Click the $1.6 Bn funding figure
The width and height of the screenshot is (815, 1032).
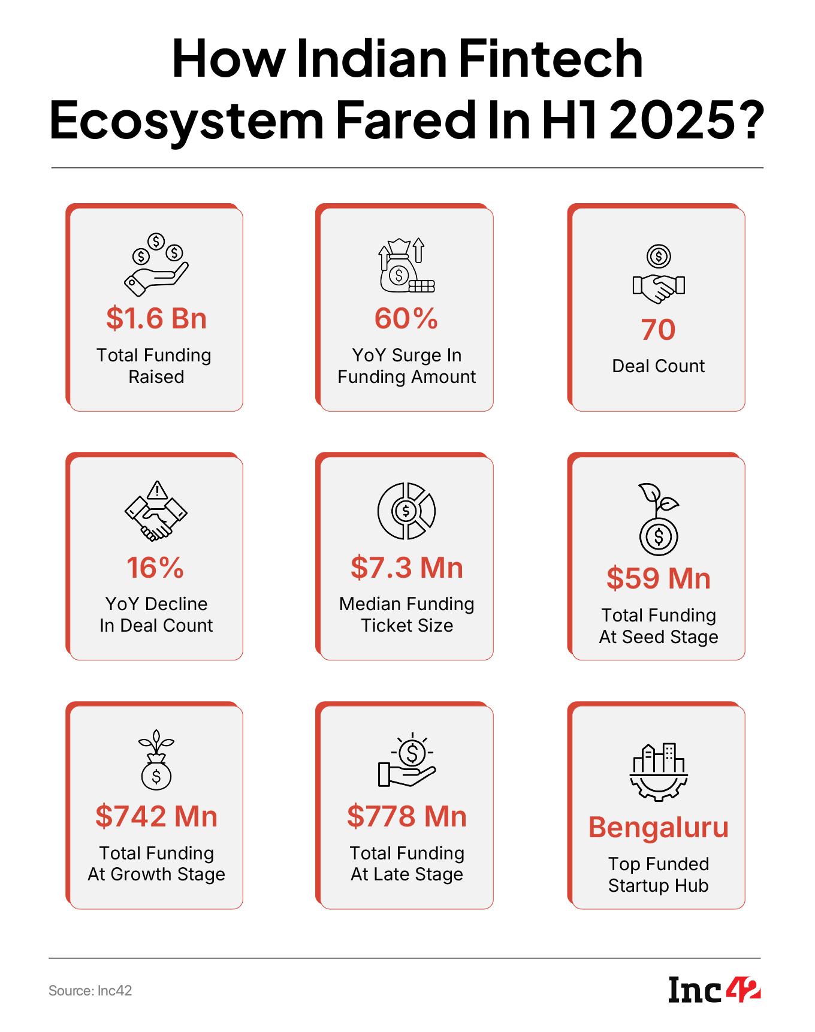[156, 318]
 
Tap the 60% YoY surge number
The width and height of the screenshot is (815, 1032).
[406, 318]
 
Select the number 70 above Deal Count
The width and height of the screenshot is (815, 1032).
[658, 330]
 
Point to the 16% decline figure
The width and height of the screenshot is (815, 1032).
[155, 568]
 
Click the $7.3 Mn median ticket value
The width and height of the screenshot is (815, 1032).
[407, 568]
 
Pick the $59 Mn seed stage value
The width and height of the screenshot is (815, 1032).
[658, 578]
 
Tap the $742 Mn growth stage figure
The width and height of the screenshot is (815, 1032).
[156, 816]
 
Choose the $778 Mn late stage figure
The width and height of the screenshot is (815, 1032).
[407, 816]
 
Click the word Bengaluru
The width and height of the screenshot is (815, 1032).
[658, 827]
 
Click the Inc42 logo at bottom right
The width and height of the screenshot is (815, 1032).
[714, 990]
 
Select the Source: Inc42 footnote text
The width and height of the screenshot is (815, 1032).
[90, 991]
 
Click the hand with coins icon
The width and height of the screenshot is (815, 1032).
[156, 264]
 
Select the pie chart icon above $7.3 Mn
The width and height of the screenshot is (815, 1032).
[406, 511]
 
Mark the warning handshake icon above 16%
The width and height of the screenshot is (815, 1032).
[156, 511]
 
